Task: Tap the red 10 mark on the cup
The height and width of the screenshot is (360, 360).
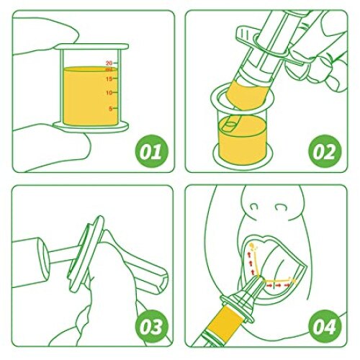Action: (109, 93)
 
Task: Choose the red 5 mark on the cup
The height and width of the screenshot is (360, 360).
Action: (110, 108)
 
